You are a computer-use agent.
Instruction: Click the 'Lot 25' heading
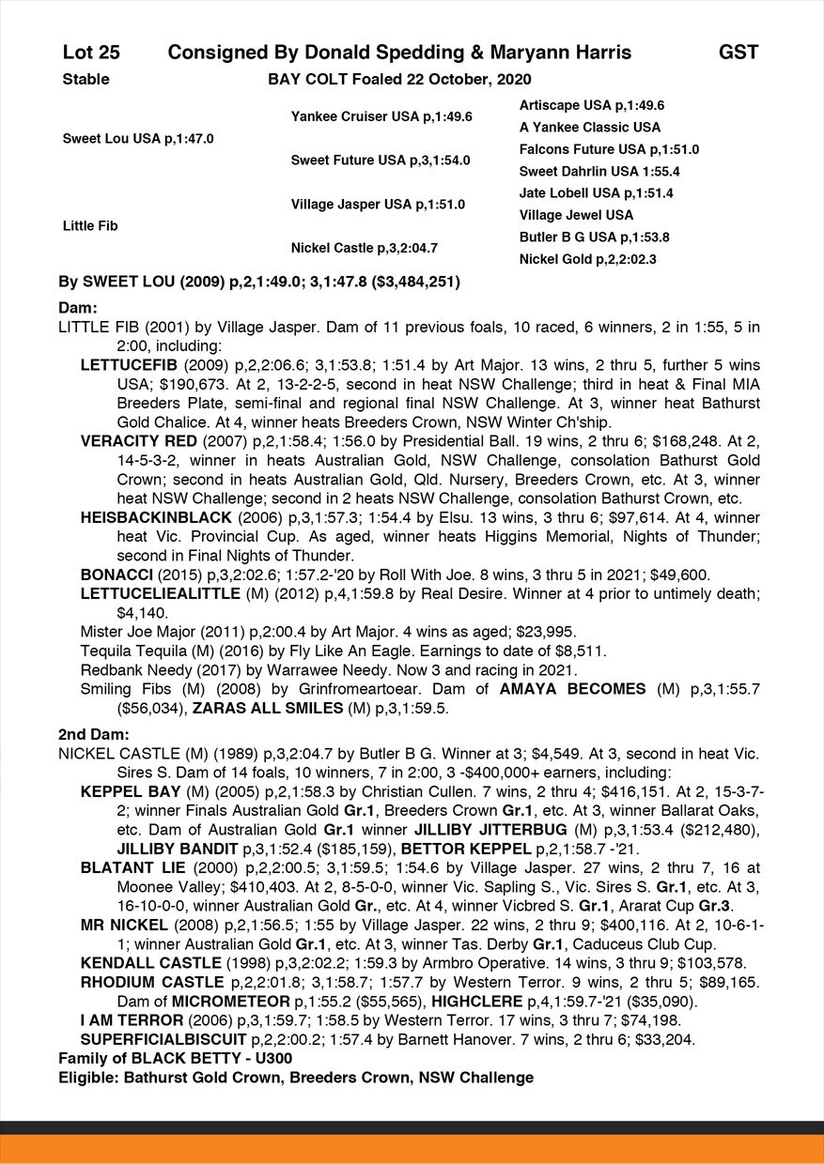[91, 53]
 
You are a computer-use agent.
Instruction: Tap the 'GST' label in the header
[738, 53]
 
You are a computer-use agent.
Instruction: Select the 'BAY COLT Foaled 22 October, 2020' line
[399, 79]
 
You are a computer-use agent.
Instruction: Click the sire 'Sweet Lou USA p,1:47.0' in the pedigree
[138, 138]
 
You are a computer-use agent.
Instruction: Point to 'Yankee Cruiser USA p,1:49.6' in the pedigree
[381, 116]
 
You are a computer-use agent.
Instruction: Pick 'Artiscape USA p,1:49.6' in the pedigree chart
[592, 105]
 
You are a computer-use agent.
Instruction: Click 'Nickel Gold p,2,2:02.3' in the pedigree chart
[588, 259]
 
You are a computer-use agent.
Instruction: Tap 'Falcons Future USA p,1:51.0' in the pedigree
[609, 149]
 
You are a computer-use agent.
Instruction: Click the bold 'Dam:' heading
[78, 307]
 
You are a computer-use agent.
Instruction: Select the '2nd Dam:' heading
[93, 734]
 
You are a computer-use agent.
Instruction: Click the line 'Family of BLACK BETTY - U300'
[176, 1059]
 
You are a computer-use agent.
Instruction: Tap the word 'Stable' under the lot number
[86, 79]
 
